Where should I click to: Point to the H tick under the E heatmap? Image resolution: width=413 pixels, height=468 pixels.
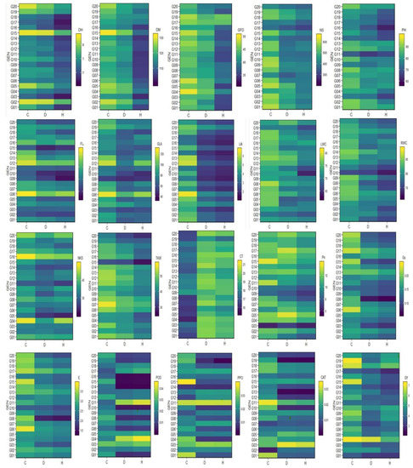(x=60, y=459)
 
